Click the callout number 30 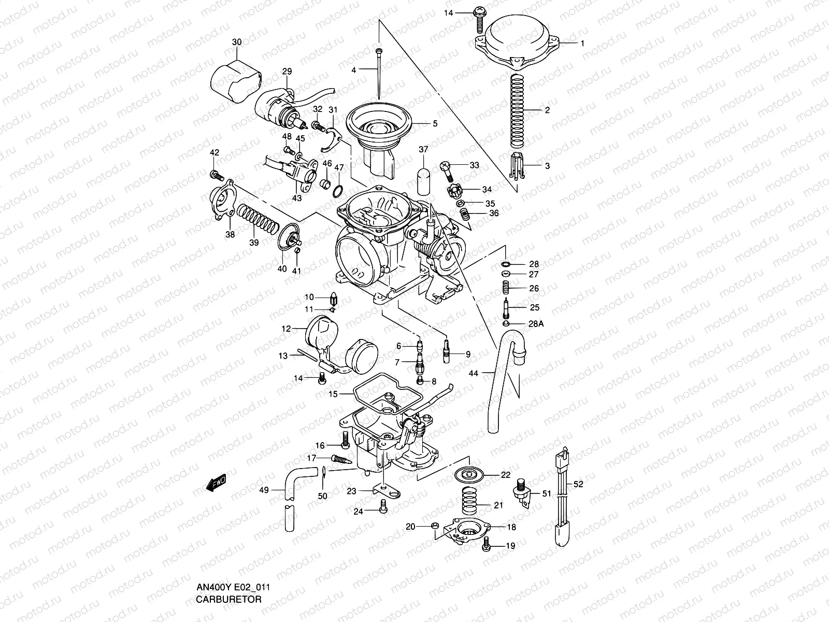point(237,41)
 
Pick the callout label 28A point(536,324)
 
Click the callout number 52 point(579,484)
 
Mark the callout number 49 point(264,490)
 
